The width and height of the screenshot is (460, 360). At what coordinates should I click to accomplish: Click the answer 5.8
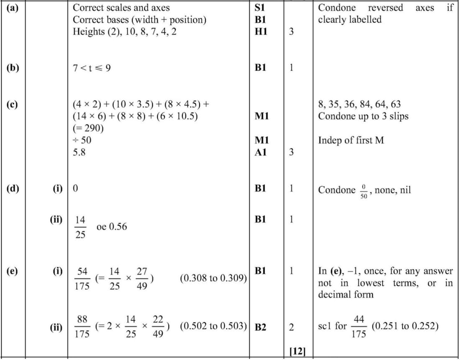pyautogui.click(x=80, y=152)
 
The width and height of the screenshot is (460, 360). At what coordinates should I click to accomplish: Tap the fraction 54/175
pyautogui.click(x=81, y=278)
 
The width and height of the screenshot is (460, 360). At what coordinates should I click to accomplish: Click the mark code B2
pyautogui.click(x=260, y=327)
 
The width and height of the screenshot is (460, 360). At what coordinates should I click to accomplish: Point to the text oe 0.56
pyautogui.click(x=111, y=227)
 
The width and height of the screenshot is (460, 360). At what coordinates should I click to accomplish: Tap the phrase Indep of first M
pyautogui.click(x=351, y=140)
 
